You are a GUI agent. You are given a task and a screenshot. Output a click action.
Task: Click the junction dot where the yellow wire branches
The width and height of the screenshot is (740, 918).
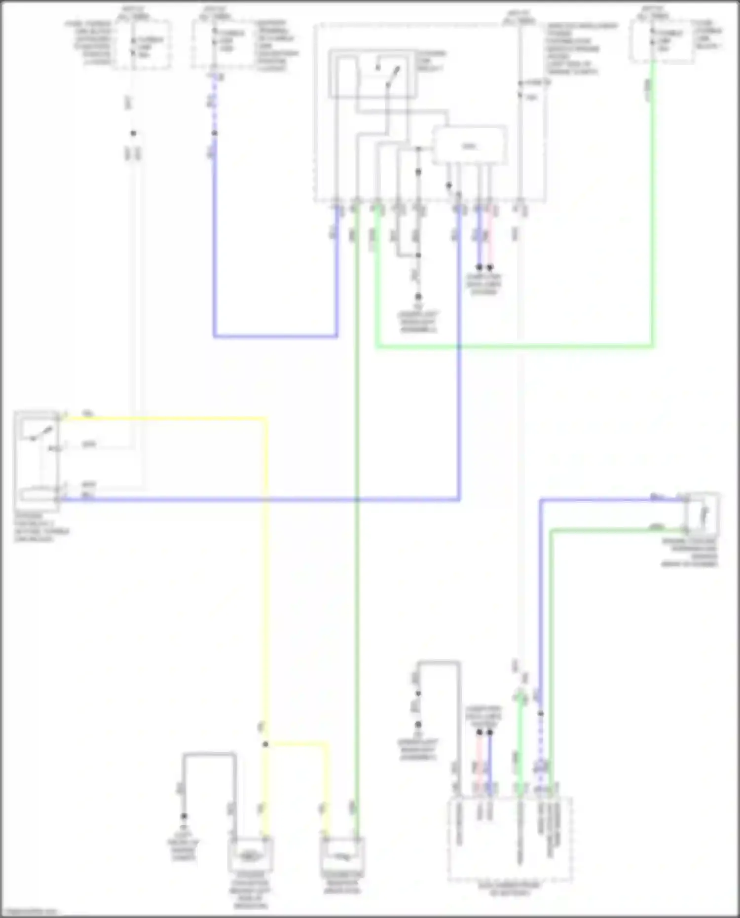pos(265,744)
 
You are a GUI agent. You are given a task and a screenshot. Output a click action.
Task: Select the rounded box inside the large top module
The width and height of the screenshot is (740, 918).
pos(469,146)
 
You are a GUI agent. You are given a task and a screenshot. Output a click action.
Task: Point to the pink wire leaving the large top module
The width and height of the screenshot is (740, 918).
pos(490,237)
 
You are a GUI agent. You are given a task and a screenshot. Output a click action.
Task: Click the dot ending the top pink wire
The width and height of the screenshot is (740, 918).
pos(490,267)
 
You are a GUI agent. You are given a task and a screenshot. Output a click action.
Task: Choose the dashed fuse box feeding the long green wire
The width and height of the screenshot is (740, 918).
pos(662,42)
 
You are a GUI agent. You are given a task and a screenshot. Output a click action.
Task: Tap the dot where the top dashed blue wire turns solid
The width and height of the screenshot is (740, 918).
pos(214,133)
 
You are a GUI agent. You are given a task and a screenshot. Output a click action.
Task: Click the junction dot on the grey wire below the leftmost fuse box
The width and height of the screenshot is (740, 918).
pos(133,133)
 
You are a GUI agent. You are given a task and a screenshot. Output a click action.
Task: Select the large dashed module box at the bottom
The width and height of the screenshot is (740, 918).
pos(510,839)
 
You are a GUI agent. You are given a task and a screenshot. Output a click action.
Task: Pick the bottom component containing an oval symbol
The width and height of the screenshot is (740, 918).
pos(250,856)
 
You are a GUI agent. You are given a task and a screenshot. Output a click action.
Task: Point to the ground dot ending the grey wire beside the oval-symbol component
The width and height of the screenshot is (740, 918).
pos(184,816)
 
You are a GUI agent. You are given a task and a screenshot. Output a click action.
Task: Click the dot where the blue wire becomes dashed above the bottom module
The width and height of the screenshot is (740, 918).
pos(540,714)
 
